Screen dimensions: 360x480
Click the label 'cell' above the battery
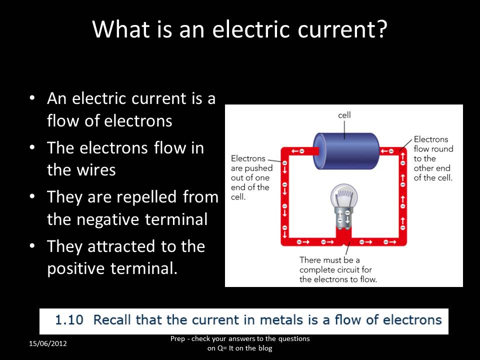pos(344,115)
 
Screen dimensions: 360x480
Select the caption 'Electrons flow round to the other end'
pos(433,158)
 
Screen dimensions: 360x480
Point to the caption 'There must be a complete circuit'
pos(338,269)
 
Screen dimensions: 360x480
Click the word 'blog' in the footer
pos(264,348)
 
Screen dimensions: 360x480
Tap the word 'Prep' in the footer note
pos(177,339)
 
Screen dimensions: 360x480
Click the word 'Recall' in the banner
pos(112,320)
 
